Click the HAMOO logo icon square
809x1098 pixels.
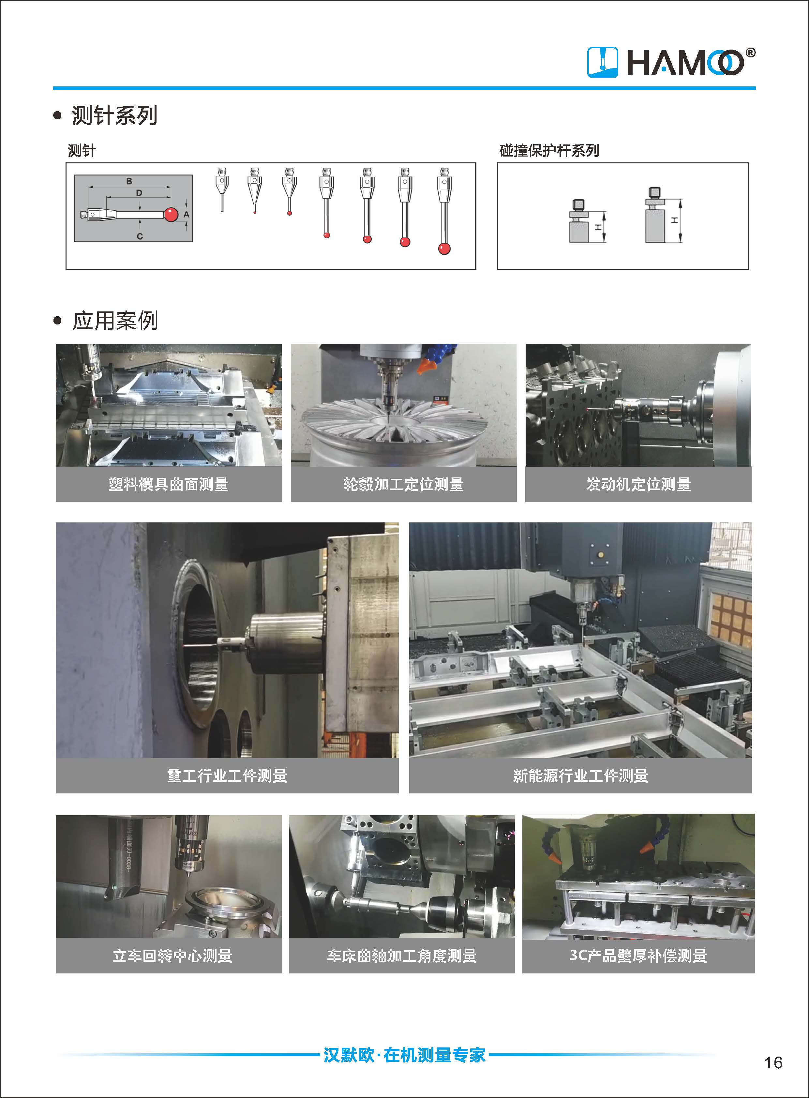[x=602, y=62]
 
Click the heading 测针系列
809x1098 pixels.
[x=114, y=115]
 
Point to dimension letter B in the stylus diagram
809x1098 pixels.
[x=129, y=181]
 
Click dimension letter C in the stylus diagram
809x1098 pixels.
[x=140, y=236]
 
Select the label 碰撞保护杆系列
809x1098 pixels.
[x=549, y=150]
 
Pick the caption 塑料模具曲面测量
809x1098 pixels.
[x=169, y=484]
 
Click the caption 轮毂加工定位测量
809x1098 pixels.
[x=403, y=484]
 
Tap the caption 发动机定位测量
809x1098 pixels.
[x=638, y=484]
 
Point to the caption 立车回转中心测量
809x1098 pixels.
[x=172, y=956]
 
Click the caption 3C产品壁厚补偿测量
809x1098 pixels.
[x=638, y=956]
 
